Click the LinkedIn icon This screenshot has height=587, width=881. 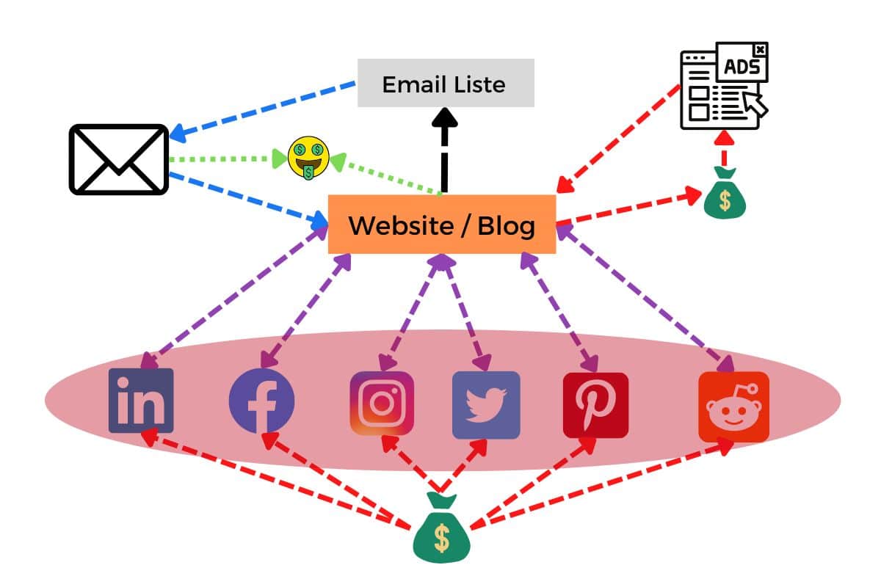[x=141, y=401]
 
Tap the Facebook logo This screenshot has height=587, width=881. [x=262, y=401]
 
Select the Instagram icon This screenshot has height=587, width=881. [x=382, y=403]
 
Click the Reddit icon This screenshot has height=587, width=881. [x=733, y=406]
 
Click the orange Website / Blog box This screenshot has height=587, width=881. [x=441, y=225]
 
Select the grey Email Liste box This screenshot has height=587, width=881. [x=446, y=84]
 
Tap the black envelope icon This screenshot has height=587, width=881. [x=119, y=159]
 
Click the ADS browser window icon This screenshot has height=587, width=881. [x=724, y=86]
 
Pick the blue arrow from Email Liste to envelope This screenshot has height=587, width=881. [x=264, y=109]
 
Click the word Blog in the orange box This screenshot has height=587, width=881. [x=506, y=225]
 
